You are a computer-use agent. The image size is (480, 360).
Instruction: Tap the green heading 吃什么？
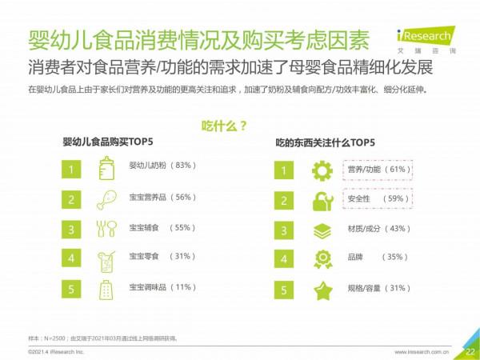(223, 126)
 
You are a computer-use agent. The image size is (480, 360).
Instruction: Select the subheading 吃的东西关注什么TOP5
(325, 144)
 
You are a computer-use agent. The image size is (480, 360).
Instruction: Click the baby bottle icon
(106, 169)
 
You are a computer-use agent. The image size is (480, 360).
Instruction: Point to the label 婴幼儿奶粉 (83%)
(162, 167)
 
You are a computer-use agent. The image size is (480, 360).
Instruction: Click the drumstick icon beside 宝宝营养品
(106, 199)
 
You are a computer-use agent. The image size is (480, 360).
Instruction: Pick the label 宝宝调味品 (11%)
(162, 287)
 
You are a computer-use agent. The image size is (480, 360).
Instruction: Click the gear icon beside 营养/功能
(322, 170)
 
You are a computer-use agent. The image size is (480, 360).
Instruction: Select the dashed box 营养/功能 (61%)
(378, 170)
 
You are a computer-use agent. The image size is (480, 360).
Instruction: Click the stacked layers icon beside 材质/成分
(322, 230)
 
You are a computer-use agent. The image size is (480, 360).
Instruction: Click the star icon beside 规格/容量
(322, 290)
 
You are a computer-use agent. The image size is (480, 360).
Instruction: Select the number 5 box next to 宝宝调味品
(72, 289)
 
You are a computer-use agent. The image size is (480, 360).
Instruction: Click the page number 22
(470, 350)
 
